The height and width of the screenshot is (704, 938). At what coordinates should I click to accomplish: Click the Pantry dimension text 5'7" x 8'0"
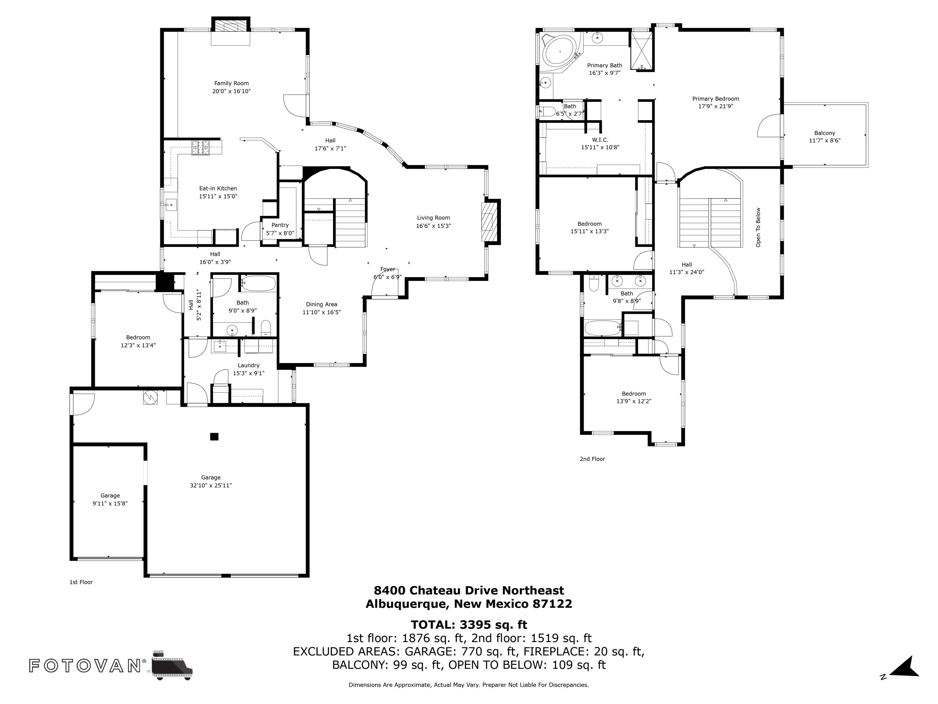click(x=280, y=233)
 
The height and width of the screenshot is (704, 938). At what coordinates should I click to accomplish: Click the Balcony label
click(x=825, y=133)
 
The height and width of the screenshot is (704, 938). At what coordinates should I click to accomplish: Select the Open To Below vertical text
click(x=758, y=227)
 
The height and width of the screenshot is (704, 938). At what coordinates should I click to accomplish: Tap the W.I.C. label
click(x=600, y=140)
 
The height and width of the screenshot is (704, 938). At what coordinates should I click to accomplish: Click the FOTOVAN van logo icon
click(x=172, y=665)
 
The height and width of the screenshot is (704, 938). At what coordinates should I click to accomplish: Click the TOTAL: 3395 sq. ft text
click(x=469, y=625)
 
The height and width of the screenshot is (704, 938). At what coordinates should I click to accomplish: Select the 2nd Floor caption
click(x=592, y=459)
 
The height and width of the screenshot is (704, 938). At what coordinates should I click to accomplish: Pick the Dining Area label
click(x=321, y=304)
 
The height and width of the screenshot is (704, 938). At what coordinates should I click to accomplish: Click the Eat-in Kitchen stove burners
click(x=201, y=148)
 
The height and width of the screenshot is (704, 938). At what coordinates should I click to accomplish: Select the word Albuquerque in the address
click(x=406, y=604)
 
